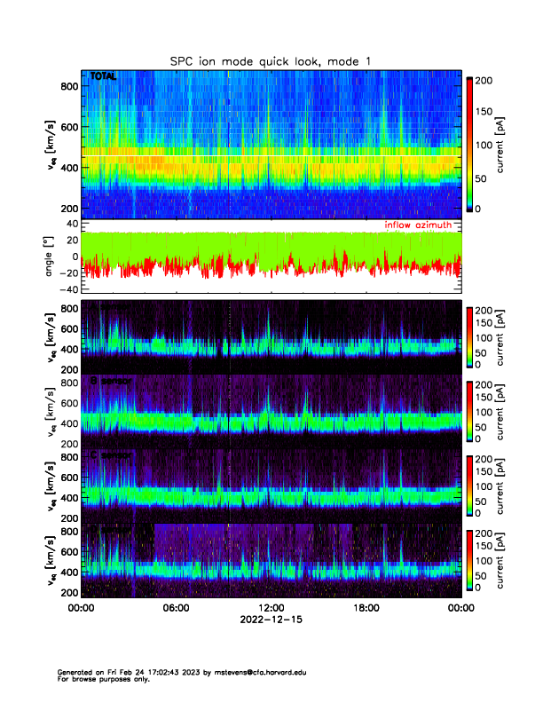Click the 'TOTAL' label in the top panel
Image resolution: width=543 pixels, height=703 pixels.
click(103, 78)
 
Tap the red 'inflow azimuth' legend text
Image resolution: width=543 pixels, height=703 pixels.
click(422, 225)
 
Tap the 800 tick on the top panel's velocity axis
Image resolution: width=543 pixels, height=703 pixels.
click(68, 86)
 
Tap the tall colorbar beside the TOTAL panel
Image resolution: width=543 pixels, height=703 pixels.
click(469, 144)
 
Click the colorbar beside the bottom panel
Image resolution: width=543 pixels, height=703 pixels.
click(469, 561)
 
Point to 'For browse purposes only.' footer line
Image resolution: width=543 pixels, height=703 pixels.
click(100, 679)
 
